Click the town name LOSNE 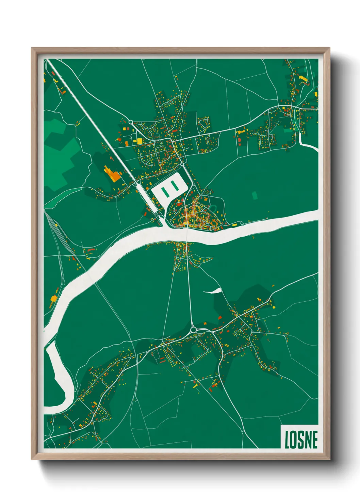301,440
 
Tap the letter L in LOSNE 287,440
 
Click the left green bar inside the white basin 165,191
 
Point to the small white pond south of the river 213,291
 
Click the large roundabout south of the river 194,329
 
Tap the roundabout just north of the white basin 182,164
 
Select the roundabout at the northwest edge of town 131,122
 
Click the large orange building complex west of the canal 112,174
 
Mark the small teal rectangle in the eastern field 255,195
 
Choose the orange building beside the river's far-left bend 53,299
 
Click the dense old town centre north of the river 192,215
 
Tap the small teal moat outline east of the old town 213,207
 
